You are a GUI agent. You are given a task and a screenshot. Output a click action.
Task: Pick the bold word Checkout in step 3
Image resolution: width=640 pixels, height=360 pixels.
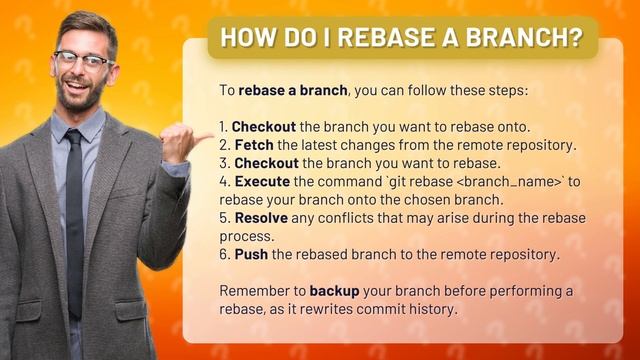click(x=265, y=163)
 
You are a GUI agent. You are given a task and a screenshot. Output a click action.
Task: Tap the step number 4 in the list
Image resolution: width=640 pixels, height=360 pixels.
click(x=223, y=181)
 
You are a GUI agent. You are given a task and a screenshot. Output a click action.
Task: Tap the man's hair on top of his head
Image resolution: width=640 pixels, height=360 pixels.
click(x=85, y=23)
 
